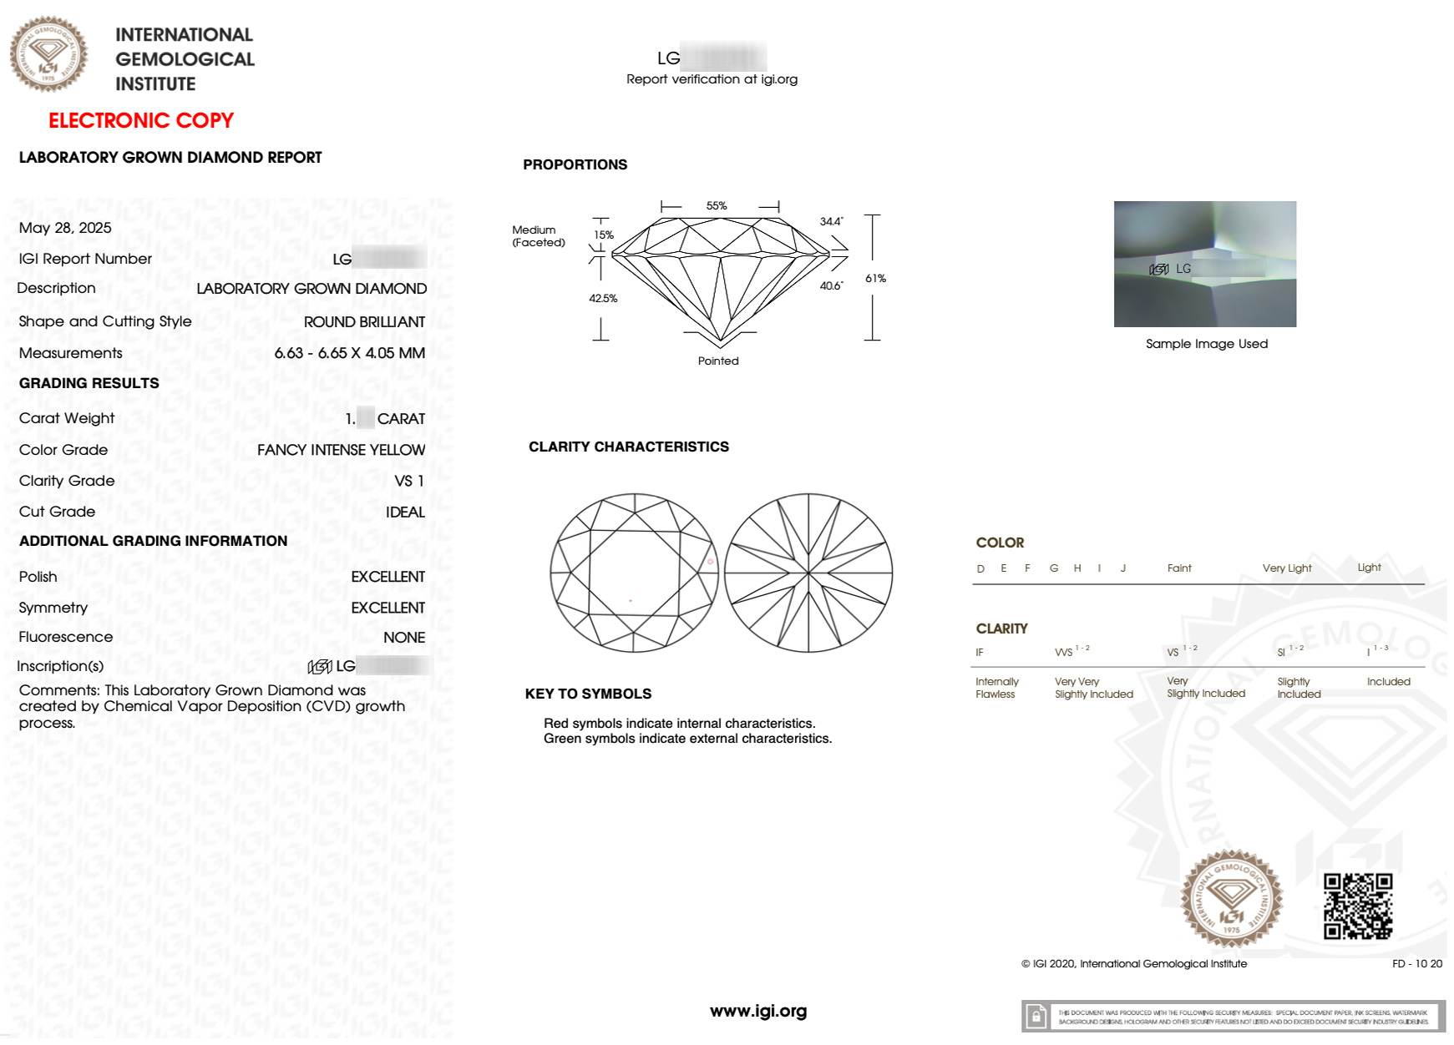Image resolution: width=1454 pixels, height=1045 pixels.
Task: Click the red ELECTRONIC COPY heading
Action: click(140, 120)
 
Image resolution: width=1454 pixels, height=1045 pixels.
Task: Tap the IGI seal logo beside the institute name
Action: click(48, 53)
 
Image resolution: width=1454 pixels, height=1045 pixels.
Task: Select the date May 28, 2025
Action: click(65, 228)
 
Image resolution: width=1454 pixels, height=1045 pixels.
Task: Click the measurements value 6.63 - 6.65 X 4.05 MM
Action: click(349, 353)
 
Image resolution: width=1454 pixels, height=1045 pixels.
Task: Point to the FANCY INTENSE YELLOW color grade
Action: click(341, 450)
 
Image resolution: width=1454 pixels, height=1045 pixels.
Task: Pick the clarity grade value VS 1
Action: click(409, 481)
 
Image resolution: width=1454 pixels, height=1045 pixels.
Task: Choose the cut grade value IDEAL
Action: click(405, 512)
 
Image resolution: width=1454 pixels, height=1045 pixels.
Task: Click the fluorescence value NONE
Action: click(404, 637)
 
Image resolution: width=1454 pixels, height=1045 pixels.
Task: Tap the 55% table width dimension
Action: click(717, 205)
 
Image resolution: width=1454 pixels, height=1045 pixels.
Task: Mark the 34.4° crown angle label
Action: click(831, 221)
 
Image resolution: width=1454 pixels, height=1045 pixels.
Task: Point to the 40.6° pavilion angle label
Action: click(831, 285)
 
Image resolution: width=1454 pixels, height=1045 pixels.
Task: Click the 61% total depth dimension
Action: click(875, 278)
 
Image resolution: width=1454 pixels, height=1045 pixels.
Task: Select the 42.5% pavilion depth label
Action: click(603, 298)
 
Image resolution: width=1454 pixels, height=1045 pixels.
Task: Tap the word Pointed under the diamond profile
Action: click(718, 361)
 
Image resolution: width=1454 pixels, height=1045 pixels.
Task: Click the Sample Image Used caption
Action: click(1206, 343)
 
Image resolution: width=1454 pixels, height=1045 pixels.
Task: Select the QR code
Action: click(1358, 906)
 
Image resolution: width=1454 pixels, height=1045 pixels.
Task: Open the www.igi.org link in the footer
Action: click(758, 1011)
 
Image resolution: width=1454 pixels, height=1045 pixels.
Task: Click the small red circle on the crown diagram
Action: click(711, 562)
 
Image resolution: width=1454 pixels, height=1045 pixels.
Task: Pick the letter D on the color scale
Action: click(980, 568)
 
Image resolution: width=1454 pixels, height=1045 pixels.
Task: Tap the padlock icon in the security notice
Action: click(1036, 1017)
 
